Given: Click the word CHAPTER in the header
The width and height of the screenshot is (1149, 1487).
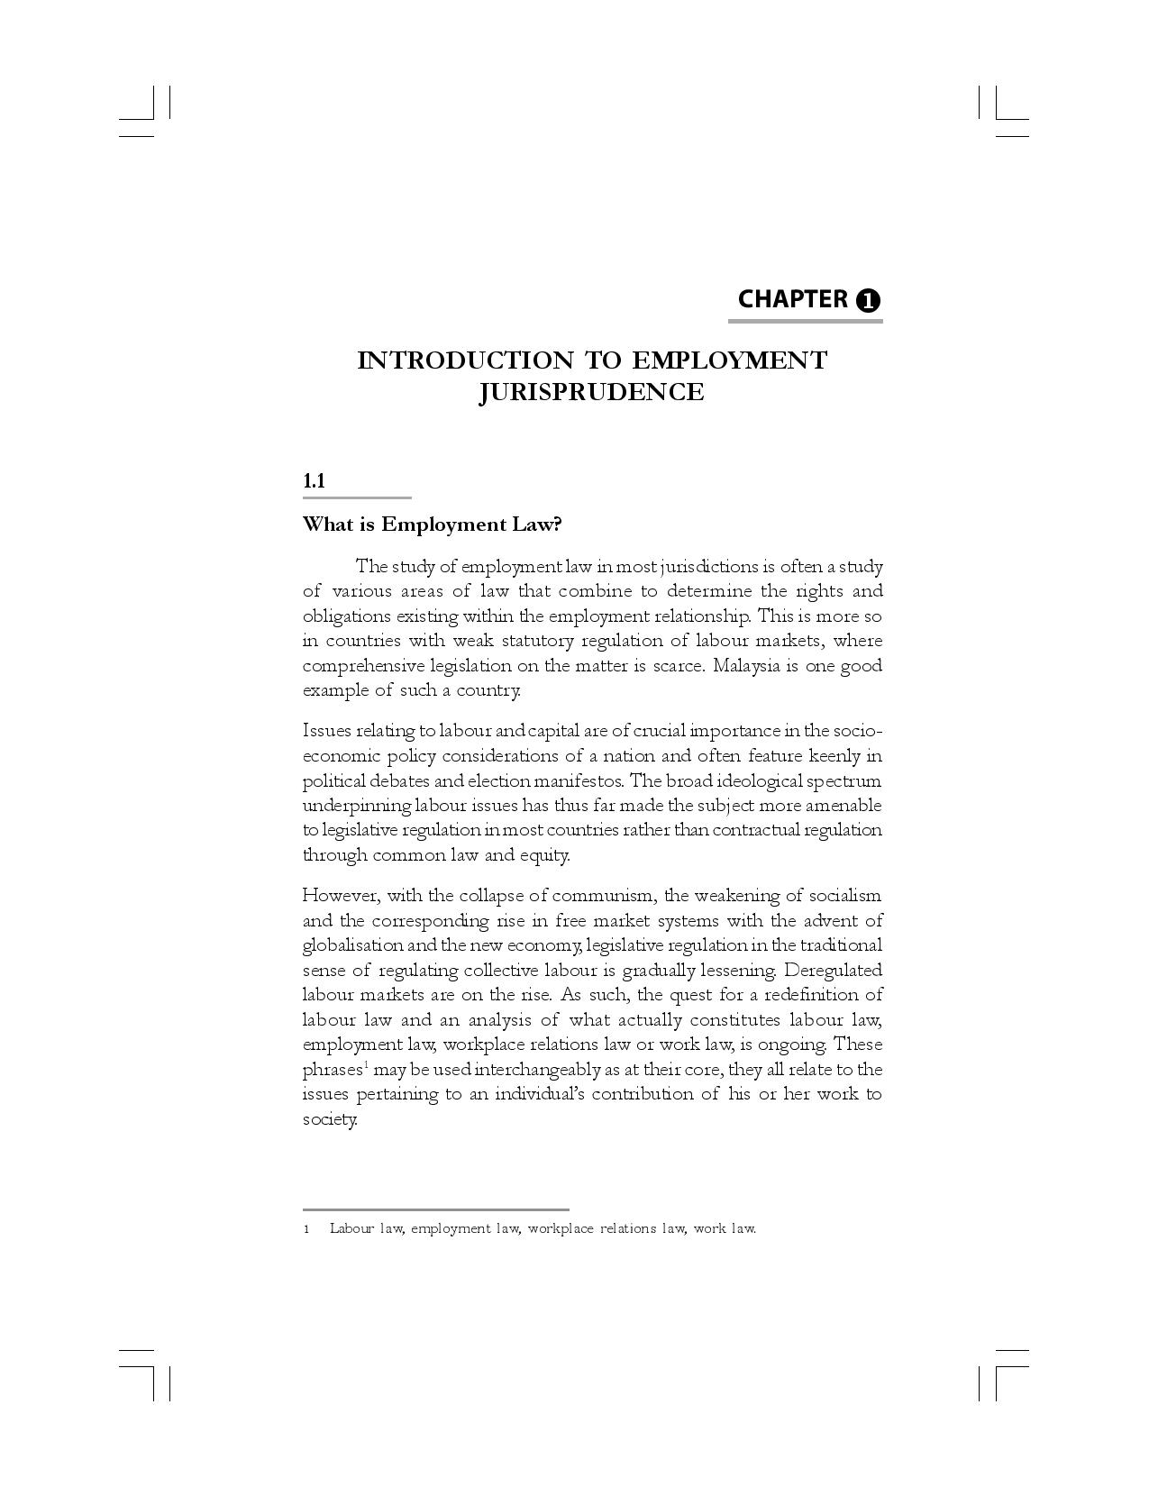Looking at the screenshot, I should [792, 299].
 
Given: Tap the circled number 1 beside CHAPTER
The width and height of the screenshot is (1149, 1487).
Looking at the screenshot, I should [868, 301].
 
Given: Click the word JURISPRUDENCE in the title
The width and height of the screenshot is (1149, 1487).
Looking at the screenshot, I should [591, 392].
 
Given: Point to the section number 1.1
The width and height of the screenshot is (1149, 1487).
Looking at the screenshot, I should [314, 480].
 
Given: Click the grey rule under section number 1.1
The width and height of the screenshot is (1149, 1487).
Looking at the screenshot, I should [357, 497].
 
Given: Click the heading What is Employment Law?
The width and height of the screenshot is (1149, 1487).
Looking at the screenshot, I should [432, 524].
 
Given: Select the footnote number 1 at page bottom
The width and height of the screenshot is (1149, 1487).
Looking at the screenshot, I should [306, 1229].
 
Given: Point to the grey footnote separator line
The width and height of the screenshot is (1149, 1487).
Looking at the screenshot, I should [435, 1209].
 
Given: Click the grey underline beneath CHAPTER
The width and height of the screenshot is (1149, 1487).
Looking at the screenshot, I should [805, 320].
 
